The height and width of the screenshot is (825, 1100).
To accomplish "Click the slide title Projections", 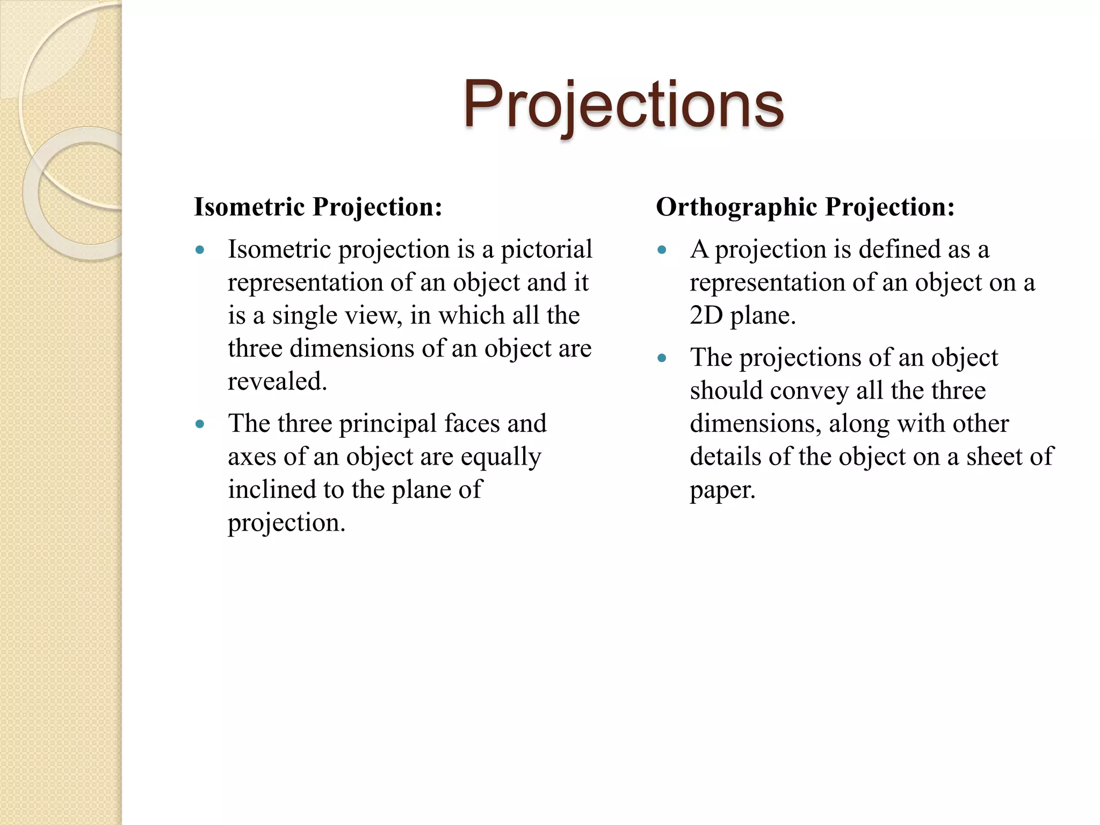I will pyautogui.click(x=623, y=105).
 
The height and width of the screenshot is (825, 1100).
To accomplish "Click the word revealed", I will pyautogui.click(x=277, y=382).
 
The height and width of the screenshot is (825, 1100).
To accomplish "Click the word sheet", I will pyautogui.click(x=994, y=457).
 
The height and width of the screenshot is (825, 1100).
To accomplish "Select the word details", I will pyautogui.click(x=725, y=457).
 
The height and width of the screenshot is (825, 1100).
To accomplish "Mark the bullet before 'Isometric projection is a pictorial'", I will pyautogui.click(x=200, y=250).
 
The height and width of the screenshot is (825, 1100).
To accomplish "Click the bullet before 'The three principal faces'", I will pyautogui.click(x=200, y=424).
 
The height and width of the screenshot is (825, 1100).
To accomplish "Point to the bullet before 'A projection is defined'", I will pyautogui.click(x=662, y=250).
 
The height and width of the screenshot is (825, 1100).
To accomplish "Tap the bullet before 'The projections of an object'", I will pyautogui.click(x=662, y=358).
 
